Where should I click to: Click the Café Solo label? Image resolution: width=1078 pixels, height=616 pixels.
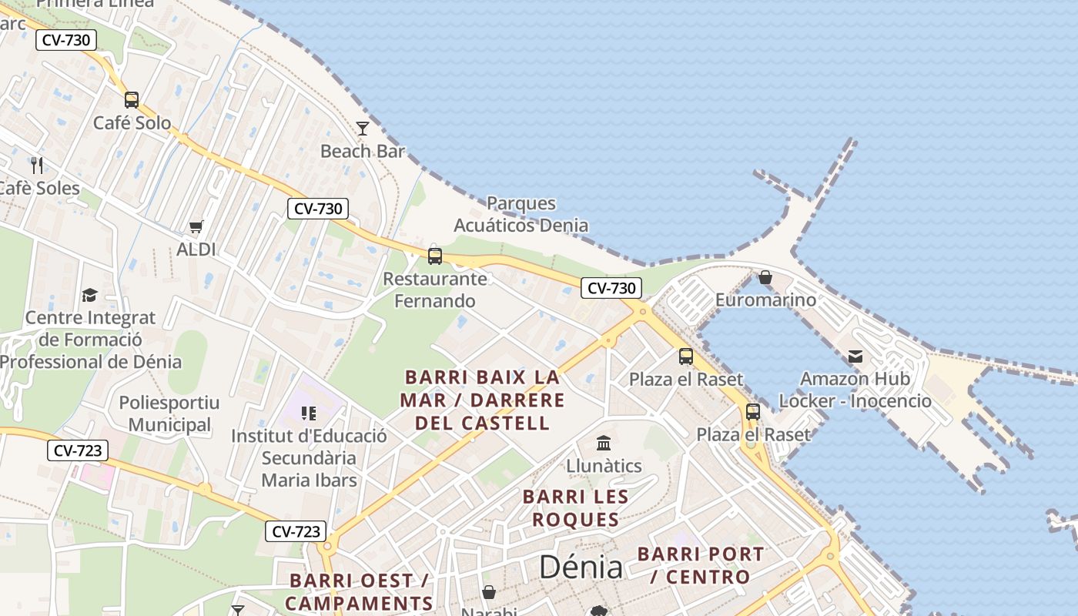(x=132, y=122)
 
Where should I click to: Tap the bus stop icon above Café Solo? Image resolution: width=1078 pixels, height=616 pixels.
(x=132, y=99)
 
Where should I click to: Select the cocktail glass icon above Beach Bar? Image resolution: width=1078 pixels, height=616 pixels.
(x=363, y=128)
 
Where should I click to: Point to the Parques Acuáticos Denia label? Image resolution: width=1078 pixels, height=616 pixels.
(x=521, y=214)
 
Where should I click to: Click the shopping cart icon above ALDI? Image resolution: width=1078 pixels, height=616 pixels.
(x=196, y=226)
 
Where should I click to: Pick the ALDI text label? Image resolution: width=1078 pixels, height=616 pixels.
(x=196, y=249)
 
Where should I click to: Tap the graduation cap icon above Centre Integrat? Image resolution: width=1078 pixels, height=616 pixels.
(x=90, y=295)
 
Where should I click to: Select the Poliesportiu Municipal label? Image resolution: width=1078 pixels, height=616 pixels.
(x=169, y=413)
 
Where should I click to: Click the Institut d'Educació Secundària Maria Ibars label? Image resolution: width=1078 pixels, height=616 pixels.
(x=309, y=458)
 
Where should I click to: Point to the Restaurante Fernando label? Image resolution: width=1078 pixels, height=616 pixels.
(x=435, y=290)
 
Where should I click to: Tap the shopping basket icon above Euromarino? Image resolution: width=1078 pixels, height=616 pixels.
(x=765, y=277)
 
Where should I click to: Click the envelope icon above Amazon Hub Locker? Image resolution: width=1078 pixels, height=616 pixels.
(x=855, y=357)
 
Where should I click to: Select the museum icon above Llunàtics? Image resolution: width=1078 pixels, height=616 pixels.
(x=604, y=444)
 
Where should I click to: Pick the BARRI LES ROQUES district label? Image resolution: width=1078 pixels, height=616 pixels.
(x=576, y=508)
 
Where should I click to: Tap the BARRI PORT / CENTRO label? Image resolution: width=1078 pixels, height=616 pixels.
(x=701, y=565)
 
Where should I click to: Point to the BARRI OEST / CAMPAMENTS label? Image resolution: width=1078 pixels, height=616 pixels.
(x=359, y=591)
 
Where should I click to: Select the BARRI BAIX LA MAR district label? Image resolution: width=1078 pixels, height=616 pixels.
(x=484, y=400)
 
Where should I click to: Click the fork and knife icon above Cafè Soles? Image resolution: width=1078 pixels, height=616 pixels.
(x=37, y=165)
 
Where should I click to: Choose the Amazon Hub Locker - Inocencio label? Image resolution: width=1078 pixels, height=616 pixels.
(x=855, y=390)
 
